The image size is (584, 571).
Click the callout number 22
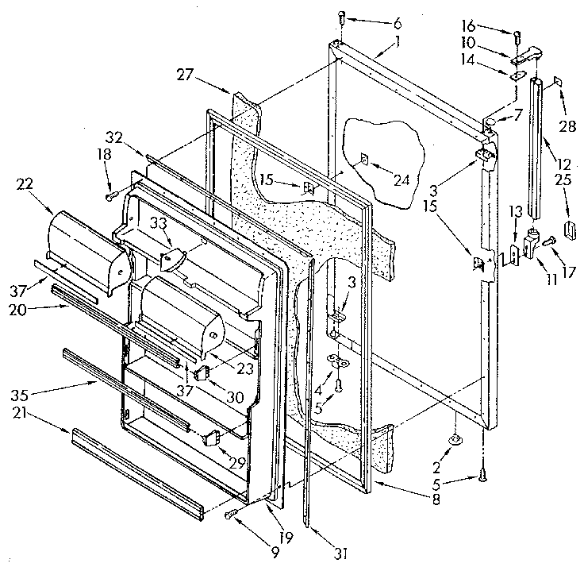pos(25,183)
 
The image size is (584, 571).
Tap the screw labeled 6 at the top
pos(340,17)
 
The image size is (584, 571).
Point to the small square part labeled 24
pos(363,159)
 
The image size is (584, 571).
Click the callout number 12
pos(563,164)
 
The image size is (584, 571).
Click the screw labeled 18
pos(111,191)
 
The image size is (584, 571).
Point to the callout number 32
pos(113,135)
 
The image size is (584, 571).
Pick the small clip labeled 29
pos(211,435)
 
